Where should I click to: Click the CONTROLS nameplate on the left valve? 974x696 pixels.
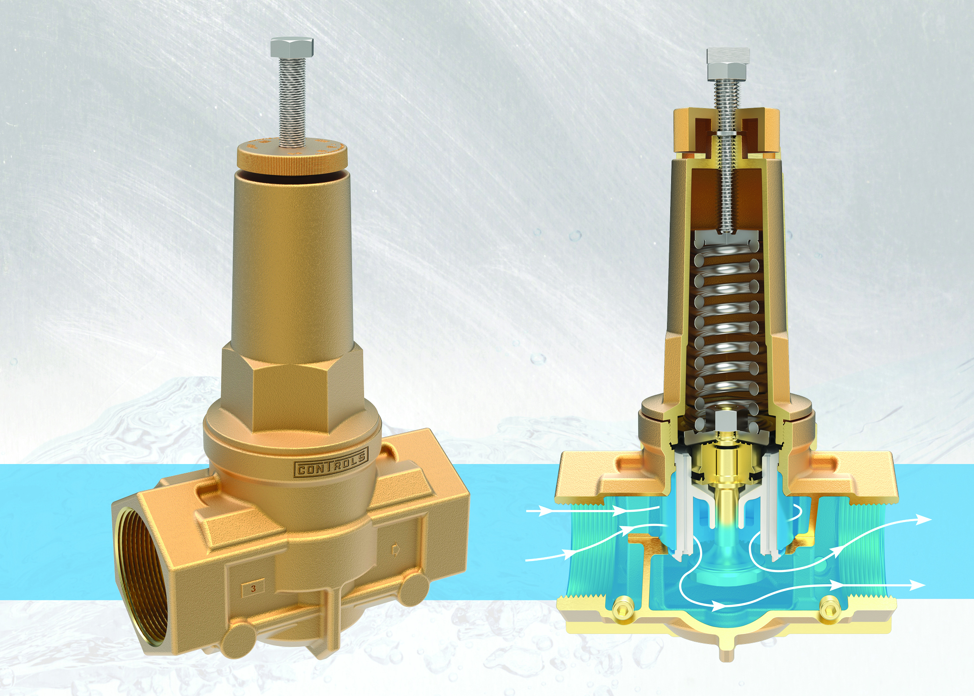point(331,463)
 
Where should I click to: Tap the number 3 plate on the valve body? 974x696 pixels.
point(253,588)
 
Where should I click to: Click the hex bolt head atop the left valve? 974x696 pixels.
point(292,46)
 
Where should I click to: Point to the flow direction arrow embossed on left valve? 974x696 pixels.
point(396,550)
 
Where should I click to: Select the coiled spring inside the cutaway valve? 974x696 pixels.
point(728,325)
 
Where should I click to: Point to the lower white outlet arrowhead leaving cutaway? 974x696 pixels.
point(916,586)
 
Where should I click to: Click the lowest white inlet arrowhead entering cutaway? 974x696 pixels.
point(568,553)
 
